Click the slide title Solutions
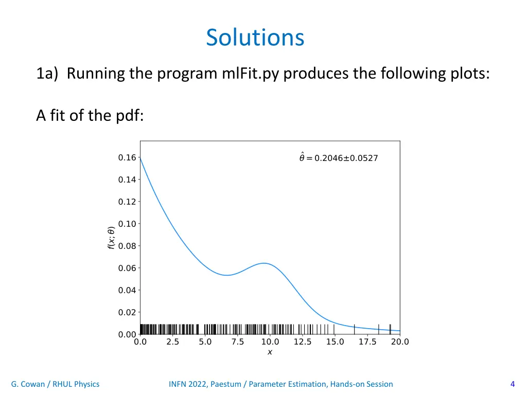click(255, 38)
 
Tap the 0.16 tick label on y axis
click(127, 157)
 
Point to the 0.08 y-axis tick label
click(127, 246)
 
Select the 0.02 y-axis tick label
click(127, 312)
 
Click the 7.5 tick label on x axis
click(237, 342)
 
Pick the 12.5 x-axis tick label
click(303, 342)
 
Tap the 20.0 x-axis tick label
click(400, 342)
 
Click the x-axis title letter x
click(270, 352)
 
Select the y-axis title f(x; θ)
click(111, 238)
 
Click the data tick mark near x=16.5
click(354, 329)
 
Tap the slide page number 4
click(512, 384)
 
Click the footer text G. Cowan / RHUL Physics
click(55, 384)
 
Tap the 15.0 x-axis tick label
click(335, 342)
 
